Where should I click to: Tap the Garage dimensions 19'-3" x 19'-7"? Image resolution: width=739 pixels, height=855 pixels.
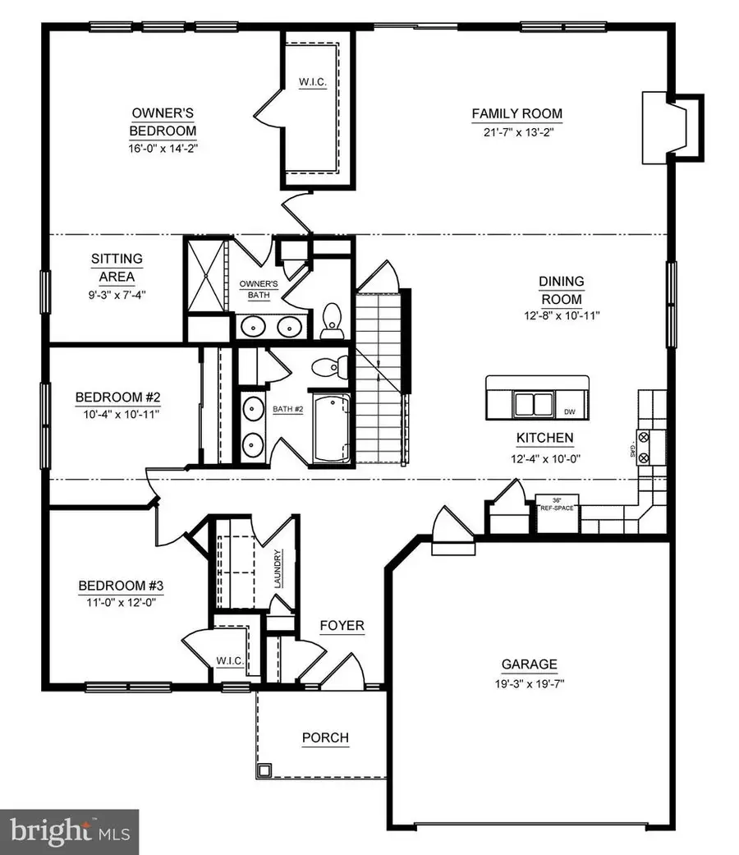(x=530, y=683)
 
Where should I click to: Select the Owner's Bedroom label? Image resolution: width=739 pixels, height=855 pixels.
(x=163, y=122)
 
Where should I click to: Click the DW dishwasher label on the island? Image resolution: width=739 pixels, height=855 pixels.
(x=569, y=411)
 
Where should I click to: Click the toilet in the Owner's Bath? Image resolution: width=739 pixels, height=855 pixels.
(x=333, y=319)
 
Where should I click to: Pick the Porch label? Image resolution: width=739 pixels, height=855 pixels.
(x=325, y=738)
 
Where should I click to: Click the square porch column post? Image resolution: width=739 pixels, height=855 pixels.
(x=266, y=770)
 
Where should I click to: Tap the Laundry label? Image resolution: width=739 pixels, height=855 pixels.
(x=279, y=569)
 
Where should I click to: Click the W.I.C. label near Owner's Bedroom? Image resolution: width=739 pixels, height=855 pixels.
(x=313, y=83)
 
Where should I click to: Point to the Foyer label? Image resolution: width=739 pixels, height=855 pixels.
(x=342, y=626)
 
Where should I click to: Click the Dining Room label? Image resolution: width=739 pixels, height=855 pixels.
(x=561, y=290)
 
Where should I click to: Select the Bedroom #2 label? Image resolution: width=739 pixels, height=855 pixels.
(x=117, y=398)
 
